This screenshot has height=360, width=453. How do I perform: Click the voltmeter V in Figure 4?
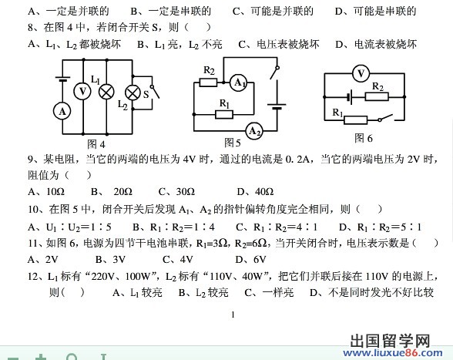tap(82, 92)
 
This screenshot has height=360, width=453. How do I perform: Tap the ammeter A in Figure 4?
tap(62, 111)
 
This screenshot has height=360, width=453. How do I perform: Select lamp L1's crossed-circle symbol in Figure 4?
tap(106, 93)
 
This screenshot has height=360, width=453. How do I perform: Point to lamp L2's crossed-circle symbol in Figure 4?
tap(133, 93)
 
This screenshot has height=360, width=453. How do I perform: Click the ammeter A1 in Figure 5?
tap(239, 82)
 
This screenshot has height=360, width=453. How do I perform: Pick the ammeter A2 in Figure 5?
tap(254, 131)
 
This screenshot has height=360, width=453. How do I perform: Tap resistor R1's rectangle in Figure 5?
tap(224, 115)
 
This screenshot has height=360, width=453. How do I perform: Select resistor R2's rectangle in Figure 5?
tap(208, 82)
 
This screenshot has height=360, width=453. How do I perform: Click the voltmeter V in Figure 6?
tap(361, 73)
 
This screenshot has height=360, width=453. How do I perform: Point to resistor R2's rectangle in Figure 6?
tap(377, 96)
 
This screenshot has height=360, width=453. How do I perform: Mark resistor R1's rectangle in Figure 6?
tap(356, 119)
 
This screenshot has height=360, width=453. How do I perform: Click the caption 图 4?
tap(96, 144)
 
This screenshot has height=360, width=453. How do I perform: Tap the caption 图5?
tap(233, 143)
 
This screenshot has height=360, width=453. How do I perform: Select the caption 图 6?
tap(364, 138)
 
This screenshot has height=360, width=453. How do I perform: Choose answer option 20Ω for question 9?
tap(123, 191)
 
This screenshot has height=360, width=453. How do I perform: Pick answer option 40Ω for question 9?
tap(264, 191)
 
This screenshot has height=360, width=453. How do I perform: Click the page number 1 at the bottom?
tap(233, 315)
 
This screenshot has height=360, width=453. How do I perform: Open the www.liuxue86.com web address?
tap(393, 353)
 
